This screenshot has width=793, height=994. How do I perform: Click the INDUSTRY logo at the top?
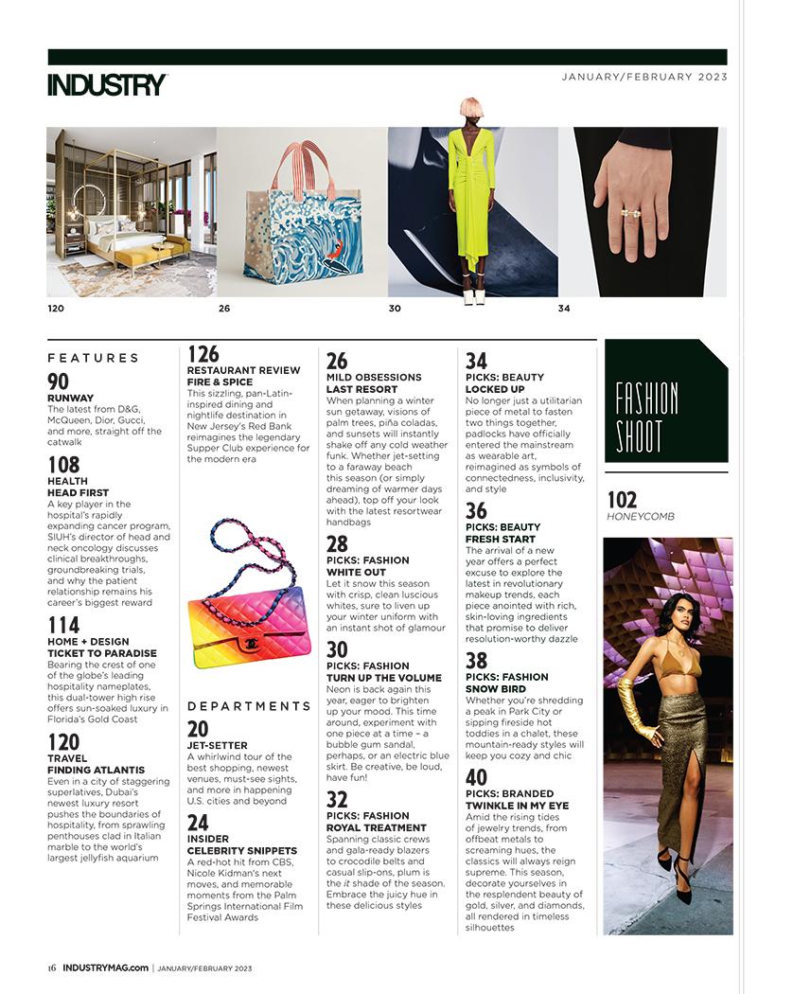107,85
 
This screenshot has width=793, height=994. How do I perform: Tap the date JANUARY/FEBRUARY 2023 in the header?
644,78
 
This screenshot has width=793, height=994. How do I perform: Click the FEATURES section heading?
93,358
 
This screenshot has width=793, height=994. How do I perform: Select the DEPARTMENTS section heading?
249,706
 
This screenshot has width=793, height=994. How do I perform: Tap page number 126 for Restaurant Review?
203,354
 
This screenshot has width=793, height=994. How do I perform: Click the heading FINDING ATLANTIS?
96,771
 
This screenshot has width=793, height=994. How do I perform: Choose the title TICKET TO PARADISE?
102,653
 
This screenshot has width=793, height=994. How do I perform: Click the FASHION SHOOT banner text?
645,417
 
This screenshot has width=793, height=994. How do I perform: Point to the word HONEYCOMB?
639,517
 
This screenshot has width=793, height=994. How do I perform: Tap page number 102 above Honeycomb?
621,500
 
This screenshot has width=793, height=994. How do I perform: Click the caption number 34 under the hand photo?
564,309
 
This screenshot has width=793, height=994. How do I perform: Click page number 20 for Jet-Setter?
198,729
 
